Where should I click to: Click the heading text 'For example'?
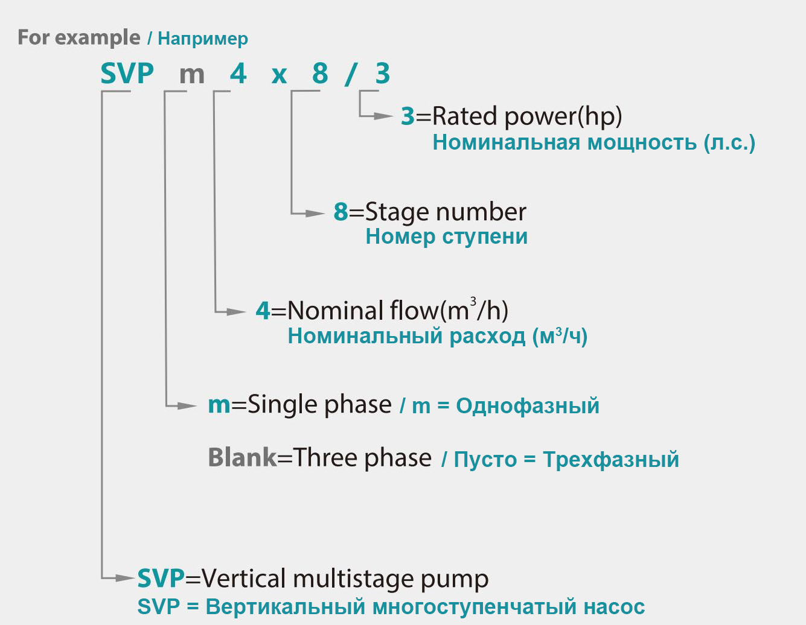click(78, 37)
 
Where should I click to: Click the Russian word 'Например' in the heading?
click(202, 39)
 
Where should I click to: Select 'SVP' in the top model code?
click(127, 74)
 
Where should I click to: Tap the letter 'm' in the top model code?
click(192, 75)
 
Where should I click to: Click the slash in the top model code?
click(350, 74)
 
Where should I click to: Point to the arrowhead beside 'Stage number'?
click(316, 213)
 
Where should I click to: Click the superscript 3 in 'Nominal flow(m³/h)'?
click(473, 301)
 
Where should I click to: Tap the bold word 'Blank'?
click(242, 457)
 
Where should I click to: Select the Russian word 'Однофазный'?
click(528, 406)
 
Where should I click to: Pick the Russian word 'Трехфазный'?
click(611, 460)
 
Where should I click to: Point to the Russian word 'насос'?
click(614, 606)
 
